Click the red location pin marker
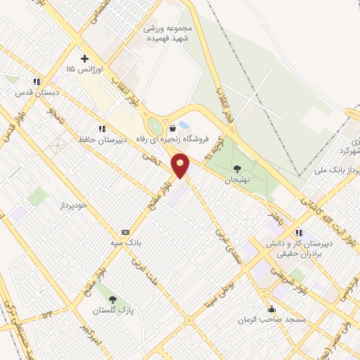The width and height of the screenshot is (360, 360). [181, 166]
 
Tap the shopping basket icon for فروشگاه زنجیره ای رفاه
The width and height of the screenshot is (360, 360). [173, 128]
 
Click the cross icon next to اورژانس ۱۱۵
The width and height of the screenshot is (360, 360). [84, 58]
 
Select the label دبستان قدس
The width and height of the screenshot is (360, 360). [39, 93]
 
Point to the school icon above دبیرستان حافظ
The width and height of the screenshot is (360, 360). [102, 129]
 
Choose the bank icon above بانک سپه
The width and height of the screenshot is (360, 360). [126, 232]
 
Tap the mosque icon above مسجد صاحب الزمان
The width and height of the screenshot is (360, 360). [272, 309]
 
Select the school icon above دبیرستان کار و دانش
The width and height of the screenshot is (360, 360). [300, 233]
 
